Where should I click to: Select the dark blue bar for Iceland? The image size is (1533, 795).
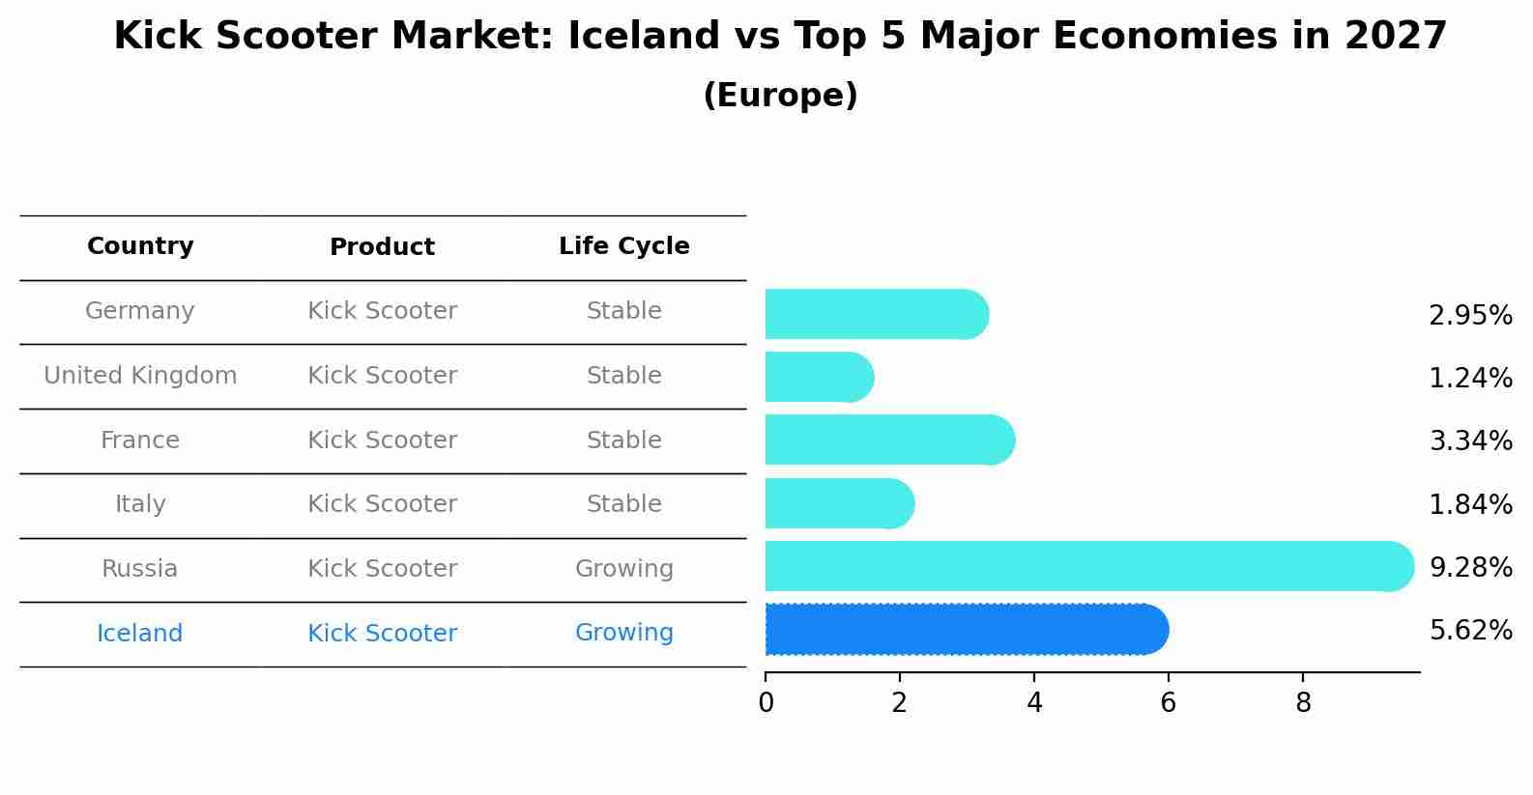point(967,630)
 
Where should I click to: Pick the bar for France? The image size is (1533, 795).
point(889,440)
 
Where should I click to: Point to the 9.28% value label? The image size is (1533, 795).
point(1470,567)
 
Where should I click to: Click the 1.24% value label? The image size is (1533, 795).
point(1470,378)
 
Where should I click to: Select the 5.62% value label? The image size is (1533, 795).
point(1470,631)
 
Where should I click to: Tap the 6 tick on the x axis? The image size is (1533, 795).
point(1168,702)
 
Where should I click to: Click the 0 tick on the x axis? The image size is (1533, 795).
point(766,702)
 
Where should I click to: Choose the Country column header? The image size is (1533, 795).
point(140,246)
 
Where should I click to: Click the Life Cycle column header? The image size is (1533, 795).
point(624,246)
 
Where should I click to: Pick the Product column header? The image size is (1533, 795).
point(382,247)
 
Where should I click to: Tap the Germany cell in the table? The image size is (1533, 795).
point(140,311)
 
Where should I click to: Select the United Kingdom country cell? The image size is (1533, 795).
point(140,376)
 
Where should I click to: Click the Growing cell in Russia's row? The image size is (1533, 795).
point(624,569)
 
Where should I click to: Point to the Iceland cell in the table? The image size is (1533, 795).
point(140,634)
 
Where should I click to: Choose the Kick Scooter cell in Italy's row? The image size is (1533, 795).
point(382,504)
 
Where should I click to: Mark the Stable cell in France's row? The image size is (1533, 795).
point(624,440)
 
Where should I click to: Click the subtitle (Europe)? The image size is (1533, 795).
point(780,96)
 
